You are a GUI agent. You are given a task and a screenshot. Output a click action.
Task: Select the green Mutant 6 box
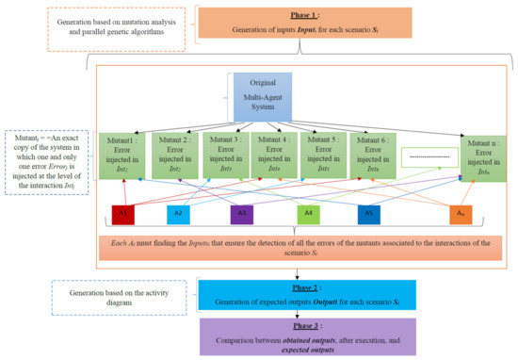click(x=375, y=152)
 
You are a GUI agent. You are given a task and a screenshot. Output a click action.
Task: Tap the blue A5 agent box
click(x=371, y=213)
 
